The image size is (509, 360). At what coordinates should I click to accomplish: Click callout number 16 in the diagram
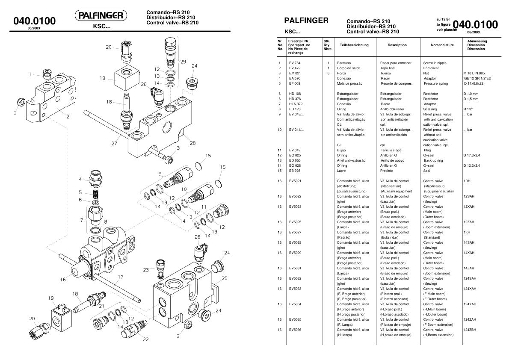63,279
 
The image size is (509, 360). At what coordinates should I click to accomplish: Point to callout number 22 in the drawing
146,340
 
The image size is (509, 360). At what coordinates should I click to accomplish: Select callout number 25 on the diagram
225,278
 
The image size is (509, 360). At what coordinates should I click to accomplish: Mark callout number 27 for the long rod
114,144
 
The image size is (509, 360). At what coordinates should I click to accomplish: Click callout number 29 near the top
183,62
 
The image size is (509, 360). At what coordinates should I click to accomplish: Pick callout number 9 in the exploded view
160,174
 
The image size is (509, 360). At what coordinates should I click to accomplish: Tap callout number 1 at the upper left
31,74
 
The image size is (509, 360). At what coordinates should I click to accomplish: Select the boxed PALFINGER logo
101,16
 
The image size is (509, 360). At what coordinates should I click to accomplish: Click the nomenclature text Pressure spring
435,83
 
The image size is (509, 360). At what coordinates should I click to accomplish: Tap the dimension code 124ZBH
470,330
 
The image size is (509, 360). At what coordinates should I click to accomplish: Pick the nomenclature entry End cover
432,68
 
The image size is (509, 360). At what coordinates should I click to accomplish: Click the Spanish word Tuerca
386,73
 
